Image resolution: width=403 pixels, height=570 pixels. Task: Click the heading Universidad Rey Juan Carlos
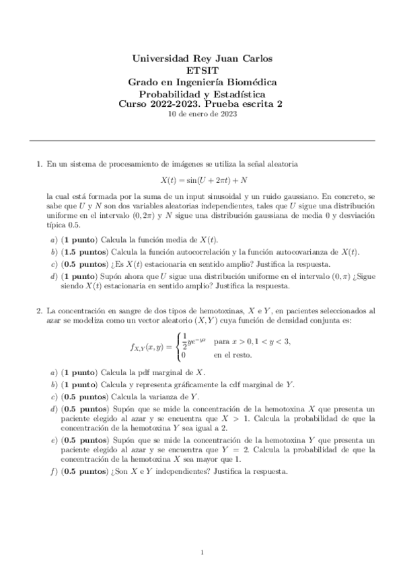point(201,58)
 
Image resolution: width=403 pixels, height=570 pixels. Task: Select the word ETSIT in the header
point(201,70)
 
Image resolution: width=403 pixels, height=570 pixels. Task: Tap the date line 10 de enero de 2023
point(201,114)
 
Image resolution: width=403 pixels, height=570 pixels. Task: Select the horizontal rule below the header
point(201,140)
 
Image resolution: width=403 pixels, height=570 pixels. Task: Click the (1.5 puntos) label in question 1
point(84,251)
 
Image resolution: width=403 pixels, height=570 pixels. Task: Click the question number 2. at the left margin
point(38,312)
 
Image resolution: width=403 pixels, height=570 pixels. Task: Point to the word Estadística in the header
point(240,93)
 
